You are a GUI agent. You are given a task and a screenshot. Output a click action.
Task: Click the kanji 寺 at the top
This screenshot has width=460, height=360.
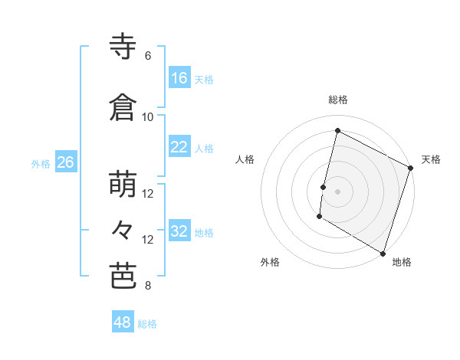pyautogui.click(x=123, y=47)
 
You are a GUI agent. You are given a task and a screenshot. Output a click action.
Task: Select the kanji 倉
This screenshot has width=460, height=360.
pyautogui.click(x=123, y=108)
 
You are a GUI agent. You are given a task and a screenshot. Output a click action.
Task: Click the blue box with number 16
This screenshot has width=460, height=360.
pyautogui.click(x=179, y=78)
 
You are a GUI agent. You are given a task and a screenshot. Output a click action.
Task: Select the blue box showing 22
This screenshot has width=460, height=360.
pyautogui.click(x=179, y=148)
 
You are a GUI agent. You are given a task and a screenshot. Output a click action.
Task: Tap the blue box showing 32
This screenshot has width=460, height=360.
pyautogui.click(x=179, y=232)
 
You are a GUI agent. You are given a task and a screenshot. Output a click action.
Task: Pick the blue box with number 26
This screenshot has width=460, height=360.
pyautogui.click(x=65, y=162)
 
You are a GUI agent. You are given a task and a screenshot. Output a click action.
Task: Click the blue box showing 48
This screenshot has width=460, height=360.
pyautogui.click(x=123, y=322)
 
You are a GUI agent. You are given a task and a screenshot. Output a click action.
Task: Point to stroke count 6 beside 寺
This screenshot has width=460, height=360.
pyautogui.click(x=148, y=56)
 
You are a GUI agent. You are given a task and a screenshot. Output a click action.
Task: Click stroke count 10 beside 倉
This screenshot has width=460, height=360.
pyautogui.click(x=148, y=116)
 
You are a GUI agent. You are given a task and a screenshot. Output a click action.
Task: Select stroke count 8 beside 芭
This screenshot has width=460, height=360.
pyautogui.click(x=148, y=286)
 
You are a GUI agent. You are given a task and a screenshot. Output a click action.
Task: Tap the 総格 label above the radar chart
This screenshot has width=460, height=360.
pyautogui.click(x=337, y=100)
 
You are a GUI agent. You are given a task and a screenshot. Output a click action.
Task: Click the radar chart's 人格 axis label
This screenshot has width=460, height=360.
pyautogui.click(x=245, y=159)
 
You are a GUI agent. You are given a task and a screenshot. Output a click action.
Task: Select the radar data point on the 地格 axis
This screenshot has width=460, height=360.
pyautogui.click(x=383, y=253)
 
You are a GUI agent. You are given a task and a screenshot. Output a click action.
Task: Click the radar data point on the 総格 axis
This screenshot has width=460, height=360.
pyautogui.click(x=337, y=131)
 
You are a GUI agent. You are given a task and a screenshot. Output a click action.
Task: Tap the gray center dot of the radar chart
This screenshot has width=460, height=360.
pyautogui.click(x=337, y=191)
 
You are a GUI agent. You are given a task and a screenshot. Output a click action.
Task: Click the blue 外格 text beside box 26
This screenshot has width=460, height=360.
pyautogui.click(x=41, y=163)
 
